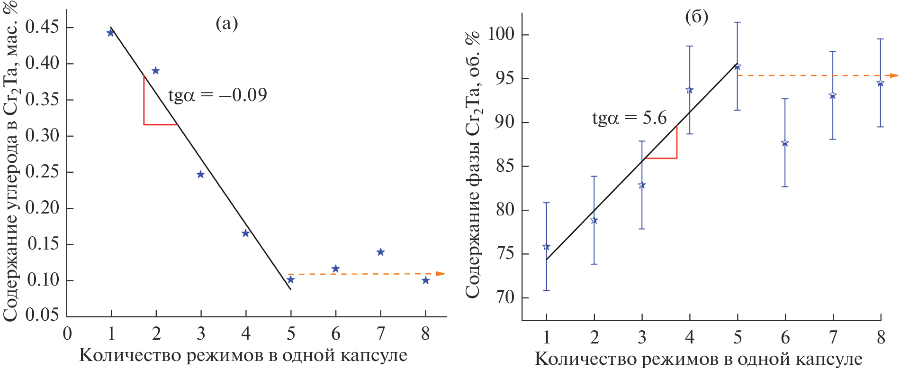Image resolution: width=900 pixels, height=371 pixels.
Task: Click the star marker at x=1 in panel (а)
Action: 111,33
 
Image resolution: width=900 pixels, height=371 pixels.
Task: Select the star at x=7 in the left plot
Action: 380,252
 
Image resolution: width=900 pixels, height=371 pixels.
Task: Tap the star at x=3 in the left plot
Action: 200,175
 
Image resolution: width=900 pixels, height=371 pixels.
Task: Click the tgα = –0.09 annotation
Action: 217,95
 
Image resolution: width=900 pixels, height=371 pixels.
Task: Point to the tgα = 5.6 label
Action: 629,118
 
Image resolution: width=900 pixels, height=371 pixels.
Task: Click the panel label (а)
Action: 227,23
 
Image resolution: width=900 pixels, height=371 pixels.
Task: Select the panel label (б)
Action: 696,17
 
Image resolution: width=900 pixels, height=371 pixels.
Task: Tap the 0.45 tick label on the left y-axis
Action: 42,27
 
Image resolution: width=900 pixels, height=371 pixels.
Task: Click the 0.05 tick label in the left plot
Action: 42,315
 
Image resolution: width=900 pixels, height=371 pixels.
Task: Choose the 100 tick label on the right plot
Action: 501,34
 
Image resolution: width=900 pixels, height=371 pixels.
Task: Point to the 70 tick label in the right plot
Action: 505,297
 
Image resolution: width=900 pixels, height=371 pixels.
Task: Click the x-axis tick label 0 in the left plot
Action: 67,334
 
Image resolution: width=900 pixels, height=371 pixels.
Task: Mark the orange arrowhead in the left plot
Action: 441,274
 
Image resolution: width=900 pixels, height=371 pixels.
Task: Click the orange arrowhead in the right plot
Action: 894,75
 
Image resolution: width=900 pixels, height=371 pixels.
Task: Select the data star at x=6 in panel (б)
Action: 785,143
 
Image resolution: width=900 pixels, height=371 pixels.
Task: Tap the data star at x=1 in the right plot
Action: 546,247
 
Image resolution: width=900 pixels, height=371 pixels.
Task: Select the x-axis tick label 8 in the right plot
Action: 881,338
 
